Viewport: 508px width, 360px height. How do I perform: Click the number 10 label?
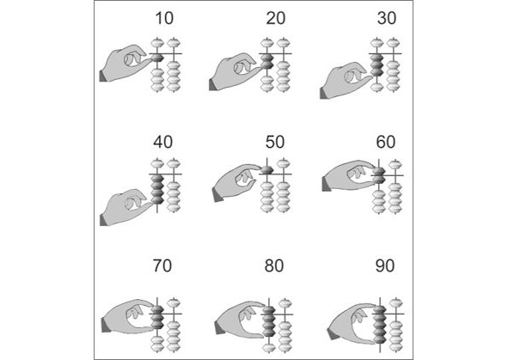(x=164, y=18)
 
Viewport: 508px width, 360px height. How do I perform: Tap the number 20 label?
(x=276, y=18)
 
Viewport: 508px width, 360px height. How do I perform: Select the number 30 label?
(x=387, y=18)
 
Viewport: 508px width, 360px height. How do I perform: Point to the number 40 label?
(x=163, y=142)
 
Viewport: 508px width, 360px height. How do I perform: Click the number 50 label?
(x=275, y=142)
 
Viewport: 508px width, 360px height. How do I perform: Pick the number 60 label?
(x=386, y=142)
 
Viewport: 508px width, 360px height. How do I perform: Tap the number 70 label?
(x=162, y=265)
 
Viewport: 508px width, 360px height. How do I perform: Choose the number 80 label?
(x=274, y=265)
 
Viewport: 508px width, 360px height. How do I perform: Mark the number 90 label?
(x=385, y=265)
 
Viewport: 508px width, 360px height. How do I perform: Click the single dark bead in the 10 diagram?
(x=157, y=58)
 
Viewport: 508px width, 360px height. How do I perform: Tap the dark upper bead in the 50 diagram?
(x=267, y=169)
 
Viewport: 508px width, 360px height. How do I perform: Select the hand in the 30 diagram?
(x=345, y=80)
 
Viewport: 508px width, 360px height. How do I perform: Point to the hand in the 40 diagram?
(x=125, y=207)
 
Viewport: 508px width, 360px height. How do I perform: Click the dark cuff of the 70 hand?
(x=106, y=325)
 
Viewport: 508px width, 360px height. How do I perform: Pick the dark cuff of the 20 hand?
(x=213, y=84)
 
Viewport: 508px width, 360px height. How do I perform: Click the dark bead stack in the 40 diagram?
(x=157, y=189)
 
